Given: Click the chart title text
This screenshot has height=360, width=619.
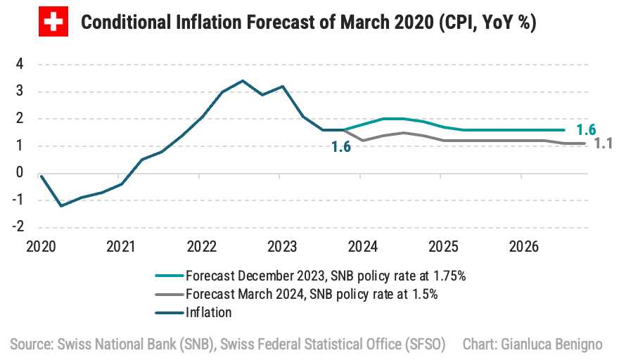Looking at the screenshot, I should tap(309, 23).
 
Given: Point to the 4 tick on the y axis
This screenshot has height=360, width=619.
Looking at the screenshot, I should tap(20, 64).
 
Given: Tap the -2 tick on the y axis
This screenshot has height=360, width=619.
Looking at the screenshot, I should tap(18, 226).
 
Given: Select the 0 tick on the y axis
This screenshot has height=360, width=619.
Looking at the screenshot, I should tap(20, 173).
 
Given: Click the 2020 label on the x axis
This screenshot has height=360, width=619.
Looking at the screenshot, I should tap(41, 247).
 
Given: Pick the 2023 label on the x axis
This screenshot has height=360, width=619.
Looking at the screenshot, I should tap(282, 247).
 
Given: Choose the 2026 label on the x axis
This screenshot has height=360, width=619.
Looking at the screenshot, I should tap(524, 247).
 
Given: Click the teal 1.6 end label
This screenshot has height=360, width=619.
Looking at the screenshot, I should tap(586, 129).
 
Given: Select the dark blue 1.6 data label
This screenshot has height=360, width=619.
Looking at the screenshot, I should tap(342, 147).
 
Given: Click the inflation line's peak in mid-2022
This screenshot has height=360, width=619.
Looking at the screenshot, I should tap(243, 81).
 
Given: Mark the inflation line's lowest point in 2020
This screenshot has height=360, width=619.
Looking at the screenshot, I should tap(61, 205).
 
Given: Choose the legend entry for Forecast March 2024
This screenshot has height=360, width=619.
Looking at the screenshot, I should tap(311, 294).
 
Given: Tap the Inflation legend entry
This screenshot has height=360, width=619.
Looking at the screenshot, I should tap(208, 312).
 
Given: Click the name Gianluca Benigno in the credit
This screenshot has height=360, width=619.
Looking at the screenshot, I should tap(560, 345).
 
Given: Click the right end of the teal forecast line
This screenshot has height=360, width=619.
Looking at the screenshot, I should tap(564, 130).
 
